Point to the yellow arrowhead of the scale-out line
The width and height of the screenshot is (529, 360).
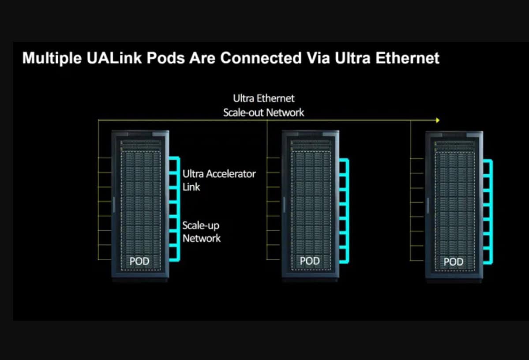(x=437, y=120)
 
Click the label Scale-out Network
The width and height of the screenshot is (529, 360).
(x=263, y=112)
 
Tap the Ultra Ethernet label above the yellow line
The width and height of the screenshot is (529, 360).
(x=263, y=98)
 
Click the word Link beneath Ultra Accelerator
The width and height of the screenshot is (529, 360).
(x=191, y=187)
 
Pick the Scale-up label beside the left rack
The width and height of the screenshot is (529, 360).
(x=201, y=225)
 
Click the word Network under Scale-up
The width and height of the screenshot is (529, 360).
(x=202, y=239)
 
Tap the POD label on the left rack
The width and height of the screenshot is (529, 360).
(x=139, y=262)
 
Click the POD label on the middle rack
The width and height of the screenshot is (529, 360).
(x=309, y=261)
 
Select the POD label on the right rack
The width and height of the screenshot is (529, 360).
(x=453, y=262)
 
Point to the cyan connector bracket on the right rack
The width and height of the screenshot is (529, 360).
(x=491, y=212)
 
